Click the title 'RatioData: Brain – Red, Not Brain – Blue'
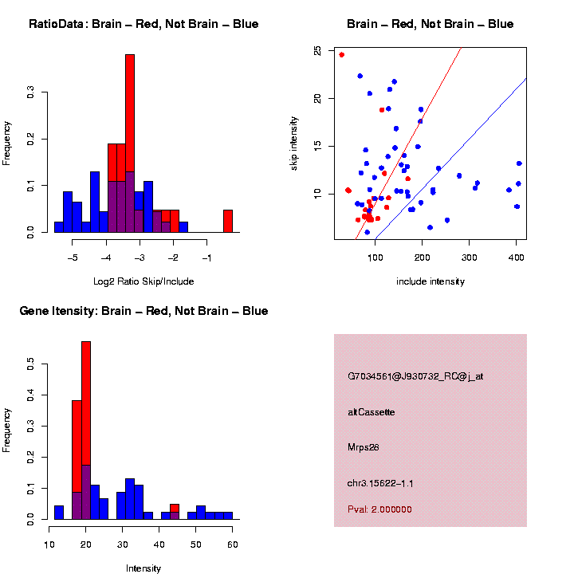pyautogui.click(x=143, y=24)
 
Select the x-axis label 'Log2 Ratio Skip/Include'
pyautogui.click(x=143, y=281)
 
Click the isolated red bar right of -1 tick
pyautogui.click(x=228, y=221)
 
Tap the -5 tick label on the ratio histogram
pyautogui.click(x=73, y=258)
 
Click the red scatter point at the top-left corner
pyautogui.click(x=342, y=55)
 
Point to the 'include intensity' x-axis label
pyautogui.click(x=431, y=281)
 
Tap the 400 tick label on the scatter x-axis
pyautogui.click(x=516, y=258)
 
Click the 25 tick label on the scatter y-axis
pyautogui.click(x=318, y=50)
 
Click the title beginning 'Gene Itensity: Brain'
pyautogui.click(x=143, y=311)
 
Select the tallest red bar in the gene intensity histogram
pyautogui.click(x=86, y=399)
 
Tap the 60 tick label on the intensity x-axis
pyautogui.click(x=232, y=545)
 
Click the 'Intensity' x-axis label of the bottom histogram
pyautogui.click(x=143, y=568)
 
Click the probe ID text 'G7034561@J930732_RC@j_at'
pyautogui.click(x=415, y=376)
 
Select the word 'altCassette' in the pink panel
pyautogui.click(x=372, y=412)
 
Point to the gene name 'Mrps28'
pyautogui.click(x=364, y=447)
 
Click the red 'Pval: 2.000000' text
pyautogui.click(x=380, y=509)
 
